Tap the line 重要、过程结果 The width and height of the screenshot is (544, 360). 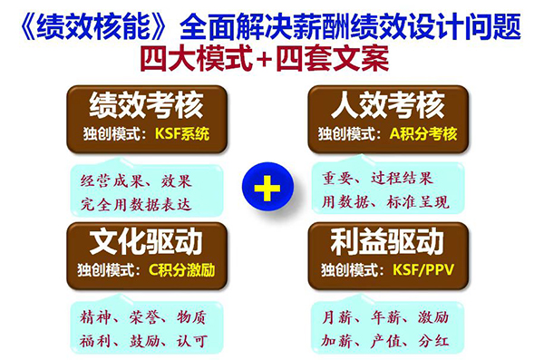[x=379, y=178]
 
